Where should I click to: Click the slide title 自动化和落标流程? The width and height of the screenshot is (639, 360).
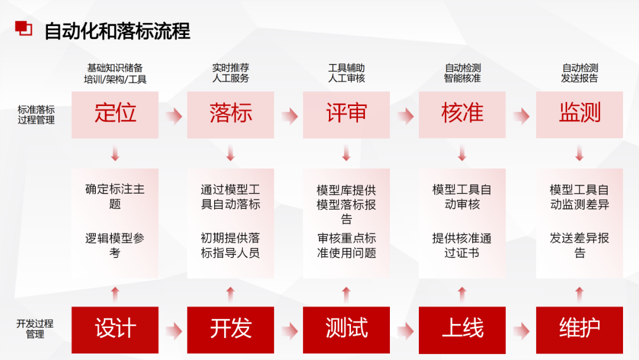coord(117,31)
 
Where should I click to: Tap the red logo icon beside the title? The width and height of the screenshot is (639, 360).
coord(24,28)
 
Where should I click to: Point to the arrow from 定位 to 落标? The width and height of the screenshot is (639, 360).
coord(173,116)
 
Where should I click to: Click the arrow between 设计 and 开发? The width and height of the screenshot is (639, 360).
coord(173,330)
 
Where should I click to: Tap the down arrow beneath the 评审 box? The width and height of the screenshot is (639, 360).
coord(346,155)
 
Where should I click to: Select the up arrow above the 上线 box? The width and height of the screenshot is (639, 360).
coord(462,292)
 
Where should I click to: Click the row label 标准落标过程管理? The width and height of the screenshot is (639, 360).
coord(35,115)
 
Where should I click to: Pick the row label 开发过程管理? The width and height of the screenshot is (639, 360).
coord(35,329)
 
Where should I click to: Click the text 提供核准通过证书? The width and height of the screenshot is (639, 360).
coord(462,246)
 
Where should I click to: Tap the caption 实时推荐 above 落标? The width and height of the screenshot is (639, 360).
coord(230,68)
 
